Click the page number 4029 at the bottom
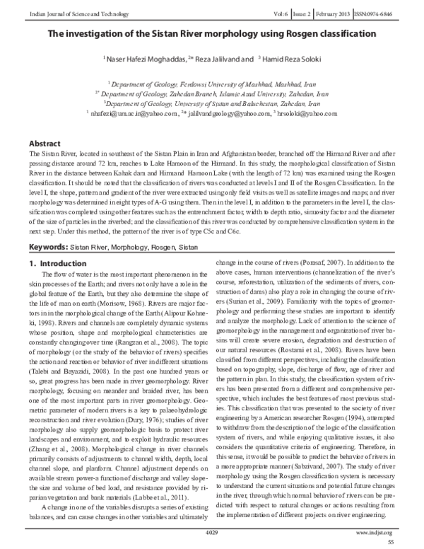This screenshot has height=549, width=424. click(211, 530)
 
